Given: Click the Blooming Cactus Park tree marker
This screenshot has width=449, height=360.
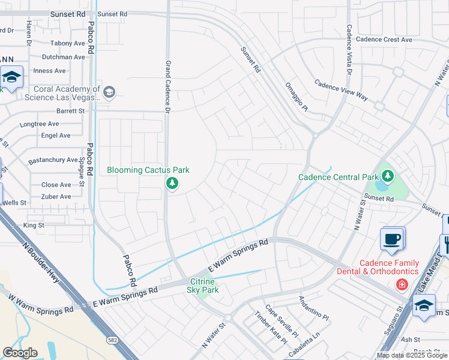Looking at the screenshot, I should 172,183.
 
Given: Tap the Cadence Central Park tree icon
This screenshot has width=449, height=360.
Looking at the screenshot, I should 388,176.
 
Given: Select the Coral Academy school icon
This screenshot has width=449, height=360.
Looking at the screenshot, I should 109,92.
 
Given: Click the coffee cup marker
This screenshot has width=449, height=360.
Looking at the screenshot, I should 392,239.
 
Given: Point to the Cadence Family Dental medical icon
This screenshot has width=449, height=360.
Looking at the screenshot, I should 401,283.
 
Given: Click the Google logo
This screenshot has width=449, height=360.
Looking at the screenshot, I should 20,353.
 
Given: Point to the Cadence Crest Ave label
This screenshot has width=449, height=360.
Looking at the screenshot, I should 384,40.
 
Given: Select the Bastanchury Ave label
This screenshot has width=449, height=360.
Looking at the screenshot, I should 53,160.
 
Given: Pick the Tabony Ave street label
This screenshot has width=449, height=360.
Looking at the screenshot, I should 68,43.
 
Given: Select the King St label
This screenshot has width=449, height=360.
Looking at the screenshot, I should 34,225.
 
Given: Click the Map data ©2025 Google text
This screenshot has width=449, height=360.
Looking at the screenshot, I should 412,355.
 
